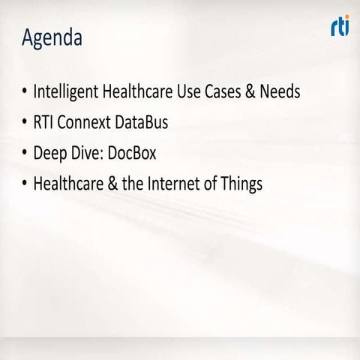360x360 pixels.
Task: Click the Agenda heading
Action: coord(52,38)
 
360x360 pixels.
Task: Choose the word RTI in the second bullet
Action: coord(44,123)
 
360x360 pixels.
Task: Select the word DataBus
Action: coord(147,123)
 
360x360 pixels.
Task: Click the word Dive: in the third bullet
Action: coord(91,154)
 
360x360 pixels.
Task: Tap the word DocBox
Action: coord(136,154)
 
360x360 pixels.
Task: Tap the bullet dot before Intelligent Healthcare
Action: coord(23,92)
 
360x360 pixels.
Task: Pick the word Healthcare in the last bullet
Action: coord(66,184)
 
